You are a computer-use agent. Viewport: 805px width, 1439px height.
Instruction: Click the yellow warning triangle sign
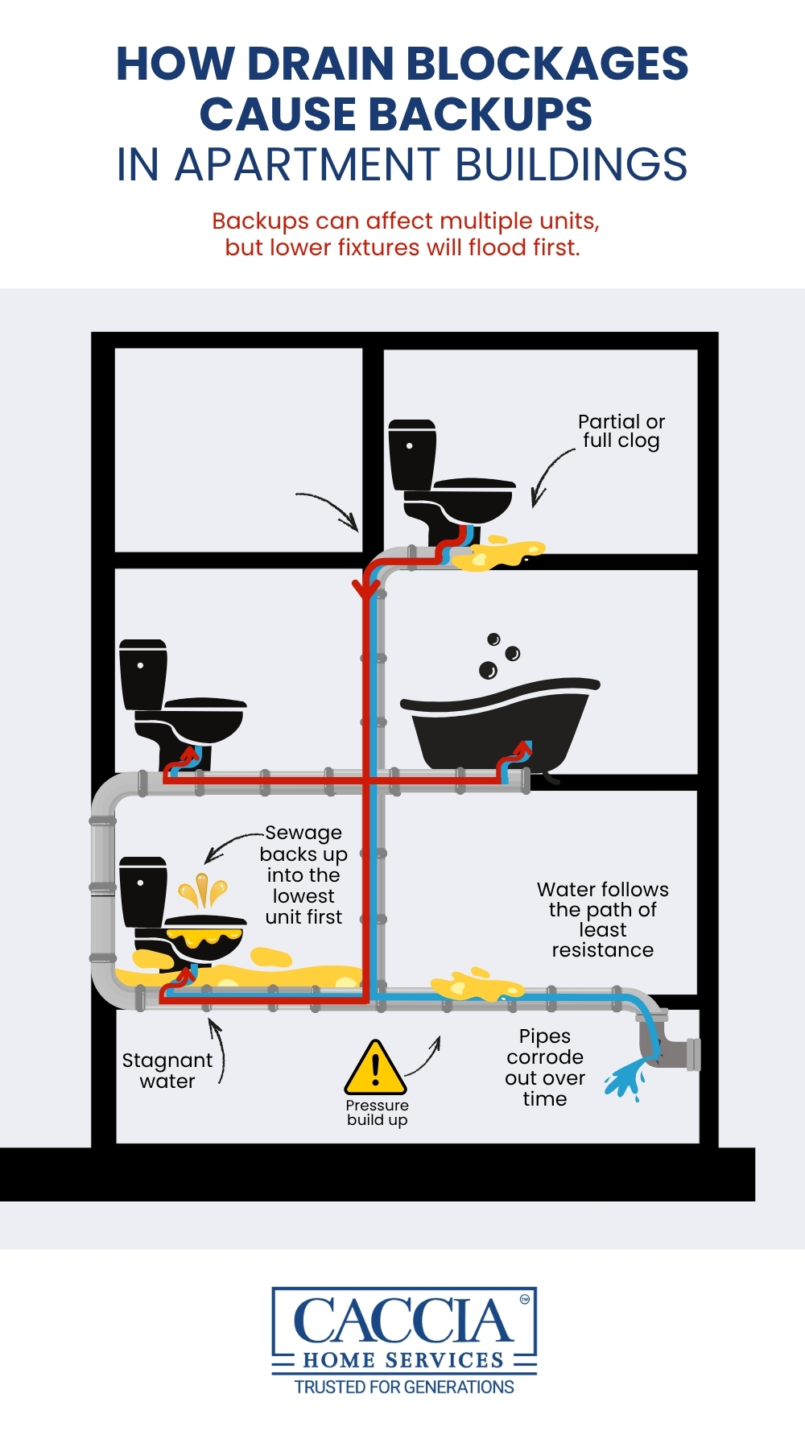tap(375, 1069)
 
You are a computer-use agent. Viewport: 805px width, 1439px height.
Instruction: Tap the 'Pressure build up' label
tap(377, 1113)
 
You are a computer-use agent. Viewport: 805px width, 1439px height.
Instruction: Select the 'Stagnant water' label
tap(167, 1071)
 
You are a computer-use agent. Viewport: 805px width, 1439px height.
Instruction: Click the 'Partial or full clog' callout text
tap(621, 432)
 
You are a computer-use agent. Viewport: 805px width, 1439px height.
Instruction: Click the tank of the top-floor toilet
tap(412, 454)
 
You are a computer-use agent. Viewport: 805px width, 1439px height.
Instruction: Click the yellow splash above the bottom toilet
tap(203, 891)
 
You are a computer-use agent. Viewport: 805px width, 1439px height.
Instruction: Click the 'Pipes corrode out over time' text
tap(545, 1068)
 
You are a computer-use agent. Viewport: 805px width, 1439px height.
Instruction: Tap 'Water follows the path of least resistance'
tap(602, 920)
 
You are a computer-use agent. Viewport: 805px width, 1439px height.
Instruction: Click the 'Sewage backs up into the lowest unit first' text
tap(303, 875)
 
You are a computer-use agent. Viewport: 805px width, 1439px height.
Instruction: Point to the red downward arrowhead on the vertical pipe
tap(366, 590)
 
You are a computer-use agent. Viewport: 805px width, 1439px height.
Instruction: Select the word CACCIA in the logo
tap(402, 1321)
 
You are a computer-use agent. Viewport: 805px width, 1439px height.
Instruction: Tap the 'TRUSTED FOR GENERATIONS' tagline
tap(404, 1387)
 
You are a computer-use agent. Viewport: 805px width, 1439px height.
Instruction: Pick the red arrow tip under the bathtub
tap(524, 748)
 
